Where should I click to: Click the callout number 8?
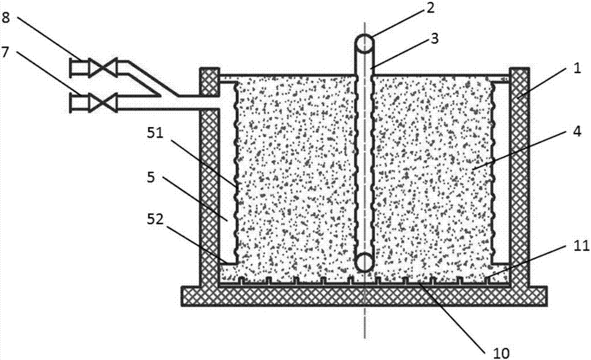[x=5, y=17]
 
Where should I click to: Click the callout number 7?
[x=5, y=51]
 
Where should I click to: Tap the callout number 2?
[x=430, y=8]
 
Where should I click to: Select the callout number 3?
[x=435, y=39]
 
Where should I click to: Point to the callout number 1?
[x=576, y=70]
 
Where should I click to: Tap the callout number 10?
[x=501, y=353]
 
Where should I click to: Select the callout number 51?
[x=155, y=133]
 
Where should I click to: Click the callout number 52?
[x=155, y=219]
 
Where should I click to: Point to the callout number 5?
[x=151, y=177]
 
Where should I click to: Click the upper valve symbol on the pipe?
[x=103, y=68]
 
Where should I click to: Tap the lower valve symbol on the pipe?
[x=103, y=102]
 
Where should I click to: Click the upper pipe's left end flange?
[x=72, y=68]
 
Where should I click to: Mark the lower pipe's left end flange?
[x=72, y=102]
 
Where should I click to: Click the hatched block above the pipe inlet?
[x=209, y=82]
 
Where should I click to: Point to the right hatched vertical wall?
[x=519, y=177]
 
